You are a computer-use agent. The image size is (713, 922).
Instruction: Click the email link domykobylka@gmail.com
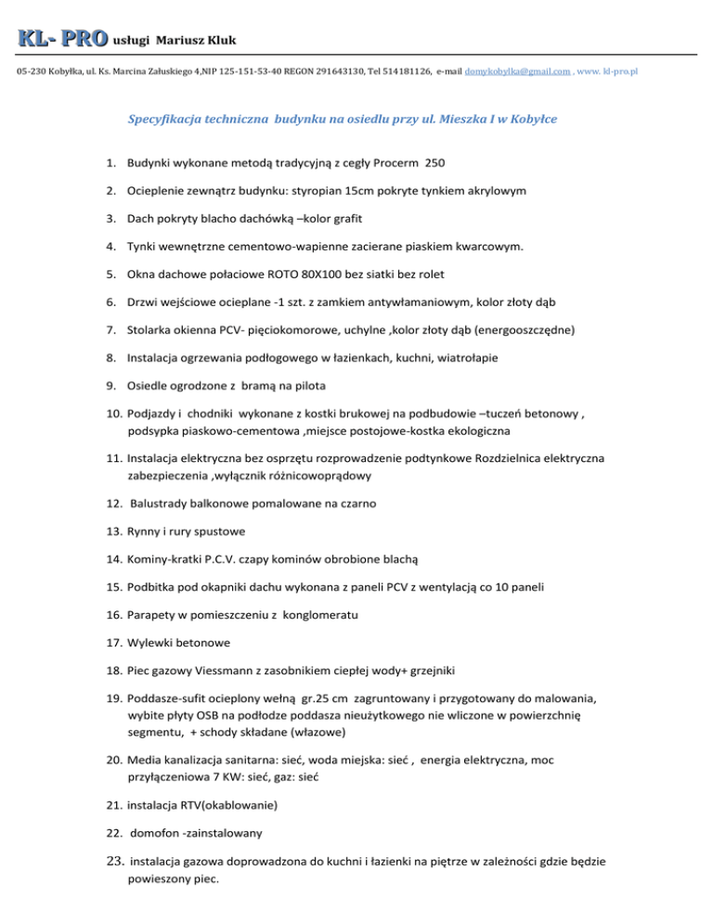click(517, 71)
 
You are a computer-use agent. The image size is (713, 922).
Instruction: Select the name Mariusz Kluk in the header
click(197, 41)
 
